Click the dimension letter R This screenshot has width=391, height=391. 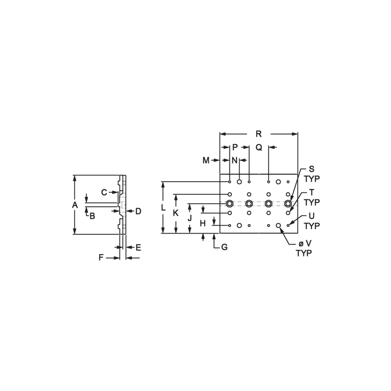pos(259,134)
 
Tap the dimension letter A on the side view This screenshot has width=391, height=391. pos(75,205)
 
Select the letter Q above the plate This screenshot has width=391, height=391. pos(259,148)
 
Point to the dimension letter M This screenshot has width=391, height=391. pos(206,160)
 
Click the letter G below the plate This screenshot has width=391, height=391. pos(224,247)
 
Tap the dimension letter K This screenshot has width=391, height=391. pos(176,213)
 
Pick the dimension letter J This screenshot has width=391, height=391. pos(190,218)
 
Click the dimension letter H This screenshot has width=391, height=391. pos(203,223)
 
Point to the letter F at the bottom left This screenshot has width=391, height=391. pos(101,258)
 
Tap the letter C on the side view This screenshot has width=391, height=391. pos(104,193)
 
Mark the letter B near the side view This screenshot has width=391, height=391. pos(92,216)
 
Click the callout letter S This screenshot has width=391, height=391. pos(312,169)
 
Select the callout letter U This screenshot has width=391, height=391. pos(312,216)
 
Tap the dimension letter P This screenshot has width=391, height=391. pos(235,148)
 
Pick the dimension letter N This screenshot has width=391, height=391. pos(235,160)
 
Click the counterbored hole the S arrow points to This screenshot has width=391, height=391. pos(288,204)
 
